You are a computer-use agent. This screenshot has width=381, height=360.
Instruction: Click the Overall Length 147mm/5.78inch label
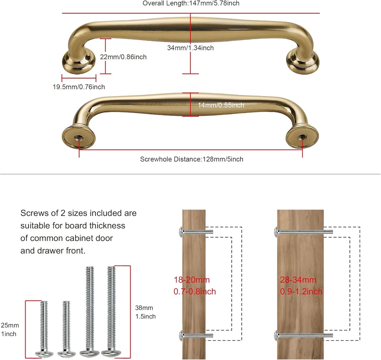pyautogui.click(x=191, y=3)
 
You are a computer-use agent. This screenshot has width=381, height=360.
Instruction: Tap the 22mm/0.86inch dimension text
pyautogui.click(x=123, y=57)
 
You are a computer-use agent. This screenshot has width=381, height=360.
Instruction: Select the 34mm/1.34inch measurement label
pyautogui.click(x=190, y=48)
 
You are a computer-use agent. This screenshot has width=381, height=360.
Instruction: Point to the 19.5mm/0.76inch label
pyautogui.click(x=79, y=87)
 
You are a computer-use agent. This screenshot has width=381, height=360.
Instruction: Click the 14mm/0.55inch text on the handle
pyautogui.click(x=221, y=105)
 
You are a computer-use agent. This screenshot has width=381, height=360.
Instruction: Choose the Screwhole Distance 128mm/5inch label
pyautogui.click(x=192, y=159)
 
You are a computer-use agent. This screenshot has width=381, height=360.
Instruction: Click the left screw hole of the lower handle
pyautogui.click(x=79, y=136)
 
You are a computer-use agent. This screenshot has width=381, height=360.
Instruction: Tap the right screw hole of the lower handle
pyautogui.click(x=302, y=136)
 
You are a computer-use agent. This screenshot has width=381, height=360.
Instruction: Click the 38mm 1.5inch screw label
pyautogui.click(x=145, y=312)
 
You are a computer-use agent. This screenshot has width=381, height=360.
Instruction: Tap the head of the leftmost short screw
pyautogui.click(x=44, y=353)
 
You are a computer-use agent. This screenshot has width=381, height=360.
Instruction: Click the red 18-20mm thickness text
pyautogui.click(x=194, y=286)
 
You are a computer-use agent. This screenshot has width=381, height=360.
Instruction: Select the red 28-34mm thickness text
pyautogui.click(x=301, y=286)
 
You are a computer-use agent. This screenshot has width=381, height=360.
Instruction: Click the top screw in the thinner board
pyautogui.click(x=195, y=232)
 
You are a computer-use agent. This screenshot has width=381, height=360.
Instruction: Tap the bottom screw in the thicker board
pyautogui.click(x=304, y=335)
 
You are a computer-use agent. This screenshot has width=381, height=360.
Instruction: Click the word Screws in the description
pyautogui.click(x=35, y=213)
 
